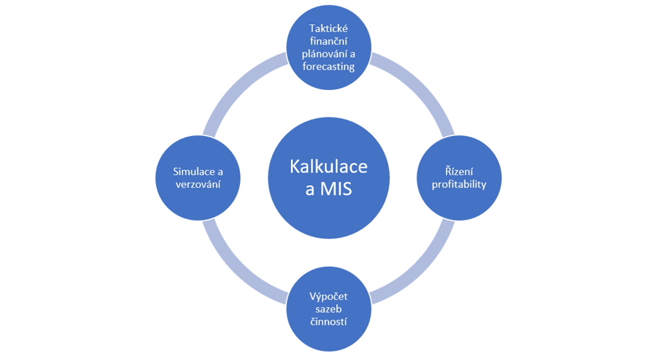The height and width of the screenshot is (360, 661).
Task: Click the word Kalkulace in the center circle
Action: [329, 167]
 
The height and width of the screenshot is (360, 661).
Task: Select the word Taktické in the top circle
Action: [328, 29]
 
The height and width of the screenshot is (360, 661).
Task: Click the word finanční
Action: [328, 41]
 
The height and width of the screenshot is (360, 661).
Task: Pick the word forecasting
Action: [328, 66]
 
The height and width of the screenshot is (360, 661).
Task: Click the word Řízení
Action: [459, 172]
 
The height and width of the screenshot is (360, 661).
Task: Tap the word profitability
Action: [459, 184]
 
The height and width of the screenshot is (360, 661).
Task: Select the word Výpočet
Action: [328, 296]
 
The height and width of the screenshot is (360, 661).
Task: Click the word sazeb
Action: [328, 309]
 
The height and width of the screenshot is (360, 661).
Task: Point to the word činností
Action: [328, 321]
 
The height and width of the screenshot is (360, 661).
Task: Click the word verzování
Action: [198, 184]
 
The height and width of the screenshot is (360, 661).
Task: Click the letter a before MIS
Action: [302, 190]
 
